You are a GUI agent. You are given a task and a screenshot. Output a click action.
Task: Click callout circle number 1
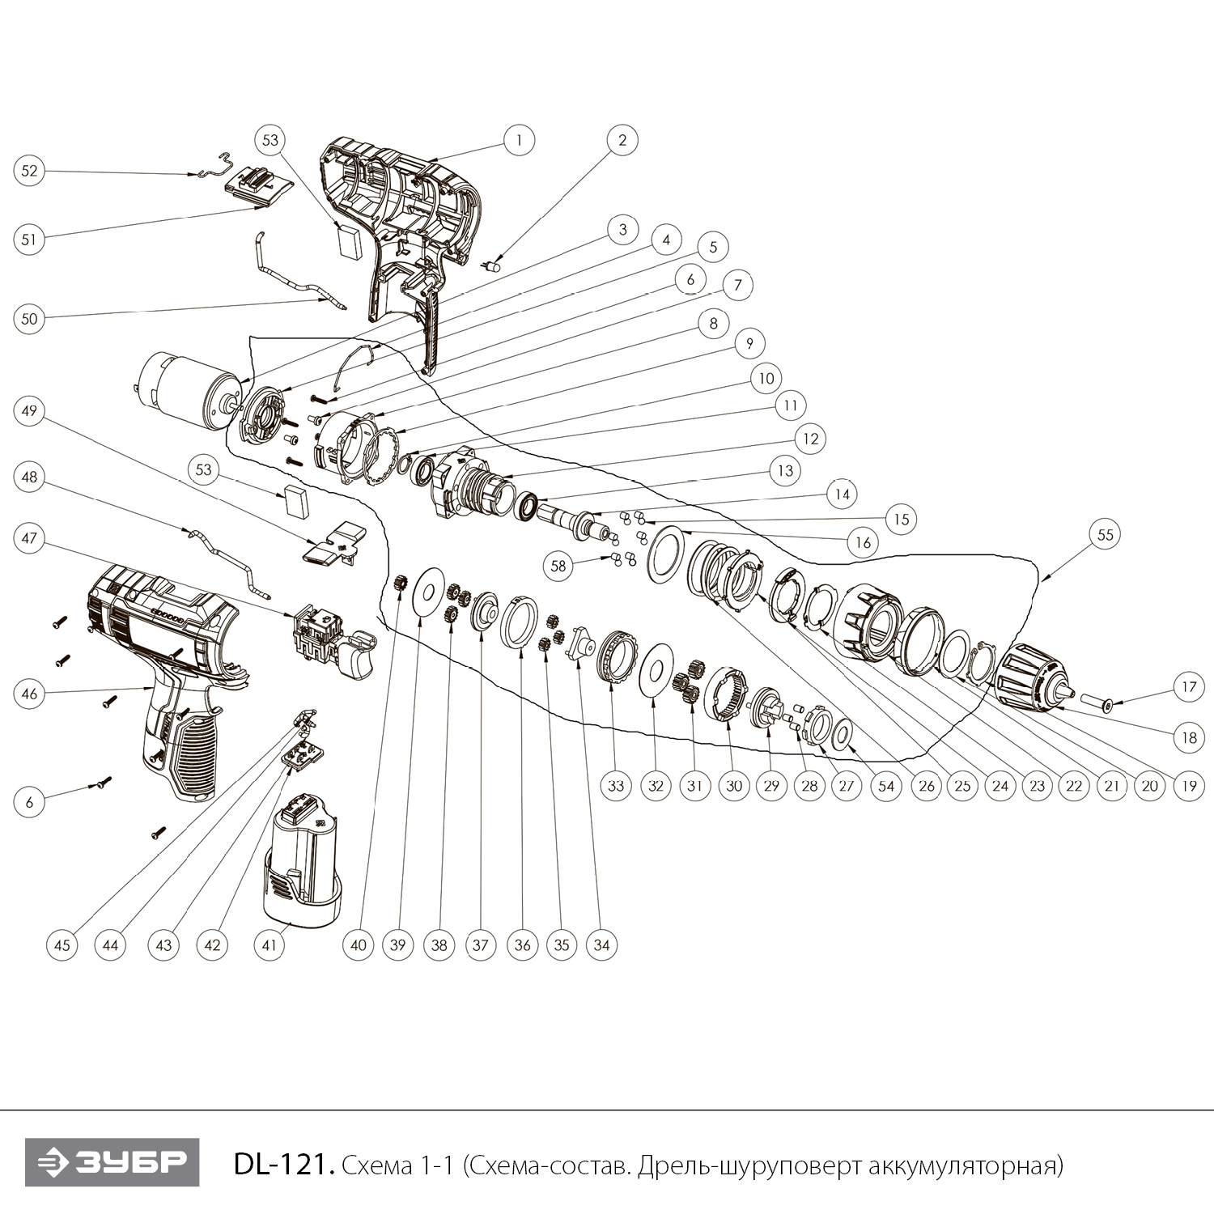pyautogui.click(x=519, y=140)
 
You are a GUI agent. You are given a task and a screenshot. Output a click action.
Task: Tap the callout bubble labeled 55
pyautogui.click(x=1106, y=534)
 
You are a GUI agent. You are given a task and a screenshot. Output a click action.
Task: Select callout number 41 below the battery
pyautogui.click(x=270, y=944)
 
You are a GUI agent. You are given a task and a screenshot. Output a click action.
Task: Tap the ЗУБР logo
pyautogui.click(x=112, y=1163)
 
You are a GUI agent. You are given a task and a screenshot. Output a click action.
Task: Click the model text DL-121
pyautogui.click(x=282, y=1165)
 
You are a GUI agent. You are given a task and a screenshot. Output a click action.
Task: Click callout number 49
pyautogui.click(x=29, y=411)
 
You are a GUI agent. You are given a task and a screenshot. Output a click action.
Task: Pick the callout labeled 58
pyautogui.click(x=559, y=566)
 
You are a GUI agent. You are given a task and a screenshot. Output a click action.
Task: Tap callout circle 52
pyautogui.click(x=29, y=171)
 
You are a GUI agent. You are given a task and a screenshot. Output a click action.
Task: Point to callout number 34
pyautogui.click(x=601, y=944)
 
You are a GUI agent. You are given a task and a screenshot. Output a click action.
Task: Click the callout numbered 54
pyautogui.click(x=886, y=785)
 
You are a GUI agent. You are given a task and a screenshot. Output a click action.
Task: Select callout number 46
pyautogui.click(x=29, y=694)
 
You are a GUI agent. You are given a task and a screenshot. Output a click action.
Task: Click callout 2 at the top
pyautogui.click(x=622, y=140)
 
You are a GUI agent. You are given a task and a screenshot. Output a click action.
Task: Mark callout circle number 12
pyautogui.click(x=811, y=439)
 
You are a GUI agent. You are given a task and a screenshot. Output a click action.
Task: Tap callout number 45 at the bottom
pyautogui.click(x=62, y=944)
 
